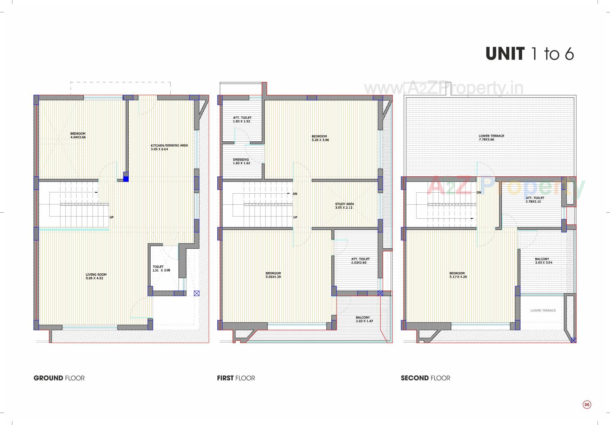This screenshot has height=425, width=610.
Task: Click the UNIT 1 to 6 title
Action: (x=530, y=53)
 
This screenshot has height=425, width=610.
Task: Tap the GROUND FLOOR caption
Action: (x=59, y=378)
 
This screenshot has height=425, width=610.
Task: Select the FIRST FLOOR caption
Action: (x=236, y=378)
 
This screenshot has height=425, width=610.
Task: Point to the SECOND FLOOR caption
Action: (x=425, y=378)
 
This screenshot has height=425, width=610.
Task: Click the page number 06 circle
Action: (x=587, y=405)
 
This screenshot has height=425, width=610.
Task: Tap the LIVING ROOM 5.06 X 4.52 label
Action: (x=96, y=276)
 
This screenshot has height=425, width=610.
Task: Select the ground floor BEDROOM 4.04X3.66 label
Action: (x=78, y=135)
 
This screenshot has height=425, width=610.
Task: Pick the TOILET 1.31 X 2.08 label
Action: (x=161, y=269)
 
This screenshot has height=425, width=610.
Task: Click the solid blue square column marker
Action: (x=126, y=179)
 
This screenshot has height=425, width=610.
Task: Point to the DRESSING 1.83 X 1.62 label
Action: (x=241, y=161)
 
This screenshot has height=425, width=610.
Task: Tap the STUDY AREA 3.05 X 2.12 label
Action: (x=344, y=206)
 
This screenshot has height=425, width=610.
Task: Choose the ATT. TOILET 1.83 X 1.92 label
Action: (x=242, y=119)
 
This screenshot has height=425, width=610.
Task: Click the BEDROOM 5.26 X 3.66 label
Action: (x=320, y=138)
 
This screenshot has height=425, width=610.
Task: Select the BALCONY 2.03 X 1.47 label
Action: (x=363, y=319)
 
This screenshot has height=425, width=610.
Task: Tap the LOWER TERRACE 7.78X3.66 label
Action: (x=491, y=137)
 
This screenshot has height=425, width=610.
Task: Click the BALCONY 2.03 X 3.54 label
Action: (x=544, y=261)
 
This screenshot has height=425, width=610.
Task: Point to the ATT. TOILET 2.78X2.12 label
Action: (x=535, y=200)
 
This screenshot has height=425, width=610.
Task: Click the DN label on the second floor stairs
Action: (x=479, y=193)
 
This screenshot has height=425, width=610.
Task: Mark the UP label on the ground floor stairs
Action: (x=112, y=217)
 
